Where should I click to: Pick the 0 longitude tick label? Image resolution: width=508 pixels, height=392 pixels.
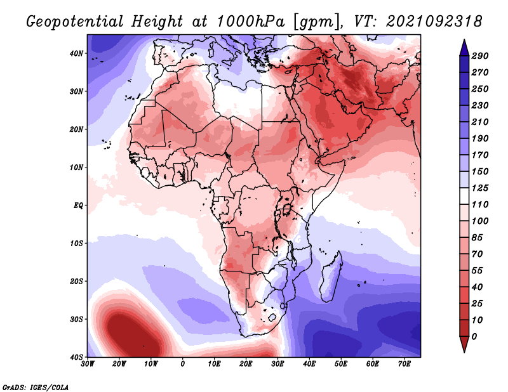tap(183, 363)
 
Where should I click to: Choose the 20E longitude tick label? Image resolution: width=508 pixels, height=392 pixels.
tap(246, 363)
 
